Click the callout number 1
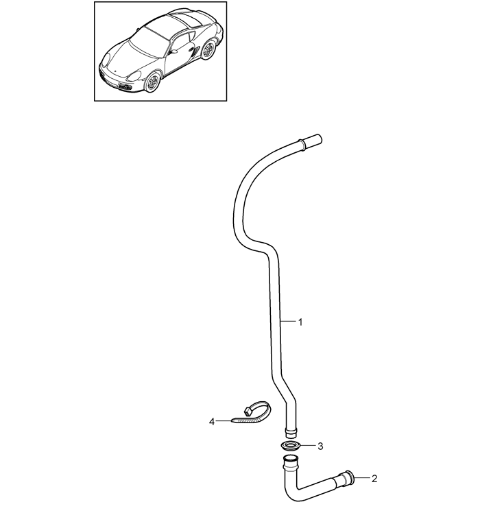[300, 322]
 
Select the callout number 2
[374, 479]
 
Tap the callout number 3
[320, 446]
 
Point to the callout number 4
[212, 422]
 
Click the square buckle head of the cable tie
[249, 410]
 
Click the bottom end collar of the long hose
[291, 433]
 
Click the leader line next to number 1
[288, 322]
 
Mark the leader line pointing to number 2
[361, 478]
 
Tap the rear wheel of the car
[207, 50]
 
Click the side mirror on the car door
[173, 51]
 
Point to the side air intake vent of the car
[195, 51]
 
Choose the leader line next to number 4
[224, 420]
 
